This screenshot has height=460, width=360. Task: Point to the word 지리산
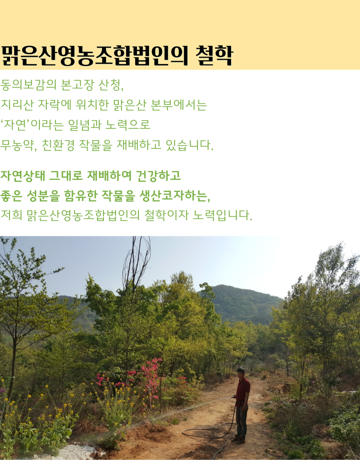17,105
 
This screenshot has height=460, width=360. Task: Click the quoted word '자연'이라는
32,125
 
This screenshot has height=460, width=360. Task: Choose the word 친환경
58,145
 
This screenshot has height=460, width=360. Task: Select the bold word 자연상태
23,176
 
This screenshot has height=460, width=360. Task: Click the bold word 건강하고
159,176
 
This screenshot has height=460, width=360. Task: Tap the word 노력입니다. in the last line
223,215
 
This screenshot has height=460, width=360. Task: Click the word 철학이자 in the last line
166,215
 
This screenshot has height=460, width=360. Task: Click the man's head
241,372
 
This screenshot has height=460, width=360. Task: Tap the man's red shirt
243,389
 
